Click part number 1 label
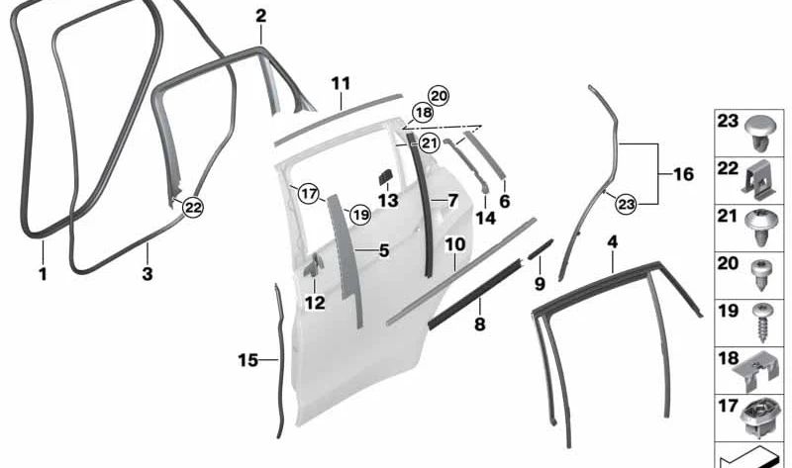coord(43,274)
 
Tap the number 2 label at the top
coord(260,16)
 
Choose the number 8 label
coord(479,324)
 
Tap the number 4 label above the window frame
coord(613,240)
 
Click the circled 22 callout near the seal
coord(193,207)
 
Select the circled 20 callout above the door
coord(439,96)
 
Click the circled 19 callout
coord(358,213)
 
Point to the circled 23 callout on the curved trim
coord(625,204)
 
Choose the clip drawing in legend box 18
coord(758,370)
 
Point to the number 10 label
coord(455,242)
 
